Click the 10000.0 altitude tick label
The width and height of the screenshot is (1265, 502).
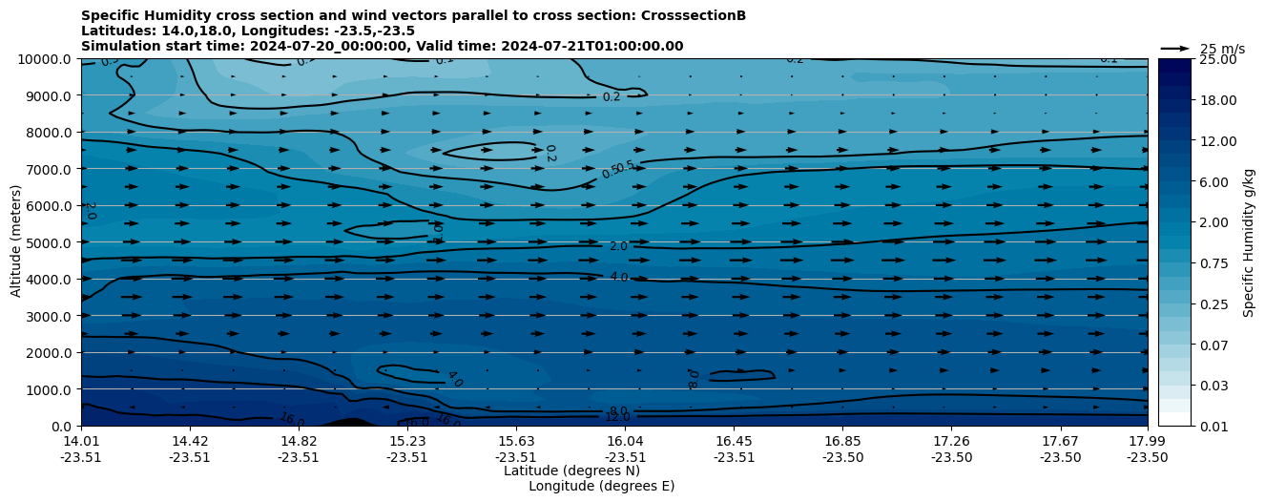click(47, 59)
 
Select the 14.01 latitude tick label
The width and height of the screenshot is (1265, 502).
click(81, 441)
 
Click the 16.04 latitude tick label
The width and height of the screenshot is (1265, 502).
click(625, 441)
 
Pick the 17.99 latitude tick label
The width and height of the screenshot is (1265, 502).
click(1147, 441)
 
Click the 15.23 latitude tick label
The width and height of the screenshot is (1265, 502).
click(407, 441)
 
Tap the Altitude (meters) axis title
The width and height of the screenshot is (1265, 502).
click(16, 242)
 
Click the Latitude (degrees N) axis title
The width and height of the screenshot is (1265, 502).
click(571, 471)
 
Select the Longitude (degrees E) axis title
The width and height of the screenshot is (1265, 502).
click(601, 486)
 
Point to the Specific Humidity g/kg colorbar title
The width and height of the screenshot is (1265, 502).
click(1248, 242)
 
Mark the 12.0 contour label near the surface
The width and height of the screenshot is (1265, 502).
click(617, 417)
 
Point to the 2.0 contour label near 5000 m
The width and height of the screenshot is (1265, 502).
click(618, 246)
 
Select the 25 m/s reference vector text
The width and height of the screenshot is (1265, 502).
click(1222, 49)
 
